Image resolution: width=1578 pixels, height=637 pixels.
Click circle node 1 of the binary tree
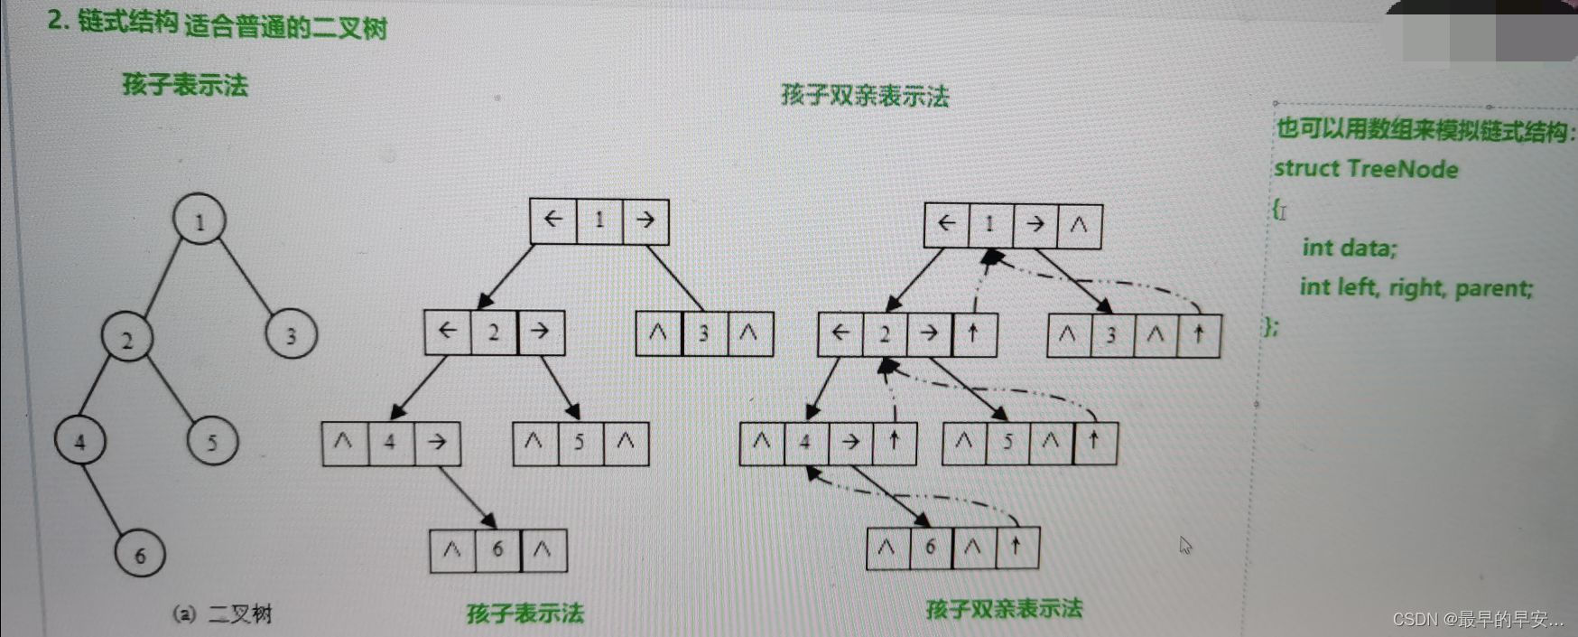coord(200,220)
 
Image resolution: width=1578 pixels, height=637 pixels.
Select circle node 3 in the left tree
coord(291,335)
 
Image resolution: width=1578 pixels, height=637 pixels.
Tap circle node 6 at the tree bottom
coord(140,554)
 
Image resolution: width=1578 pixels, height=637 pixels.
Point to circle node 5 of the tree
coord(212,442)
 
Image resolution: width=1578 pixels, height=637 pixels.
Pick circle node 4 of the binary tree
coord(80,441)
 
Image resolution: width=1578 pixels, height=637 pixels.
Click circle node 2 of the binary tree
coord(126,339)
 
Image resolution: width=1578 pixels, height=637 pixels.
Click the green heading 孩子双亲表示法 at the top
coord(864,96)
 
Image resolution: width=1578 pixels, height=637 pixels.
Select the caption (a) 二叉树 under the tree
coord(222,614)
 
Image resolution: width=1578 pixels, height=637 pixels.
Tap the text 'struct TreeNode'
coord(1365,169)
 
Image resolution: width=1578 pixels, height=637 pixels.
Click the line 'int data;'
coord(1349,248)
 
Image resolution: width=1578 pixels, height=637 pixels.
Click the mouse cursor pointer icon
coord(1185,545)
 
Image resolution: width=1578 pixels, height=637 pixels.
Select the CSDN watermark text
coord(1477,619)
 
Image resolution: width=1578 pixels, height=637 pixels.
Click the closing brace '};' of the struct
coord(1271,326)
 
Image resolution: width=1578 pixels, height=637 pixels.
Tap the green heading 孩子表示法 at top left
coord(185,85)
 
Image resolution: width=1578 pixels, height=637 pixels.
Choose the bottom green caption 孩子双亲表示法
coord(1004,608)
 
